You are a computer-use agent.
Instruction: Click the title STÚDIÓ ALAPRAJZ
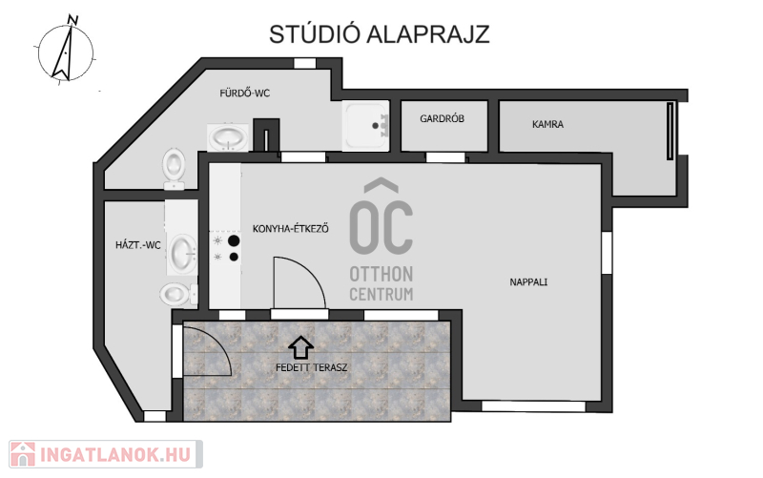379,34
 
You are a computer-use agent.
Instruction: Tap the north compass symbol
66,51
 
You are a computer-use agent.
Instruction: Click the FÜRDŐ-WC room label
244,93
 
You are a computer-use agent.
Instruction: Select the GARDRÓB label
442,118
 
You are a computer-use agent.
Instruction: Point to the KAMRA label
547,124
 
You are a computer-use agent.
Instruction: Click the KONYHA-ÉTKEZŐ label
291,228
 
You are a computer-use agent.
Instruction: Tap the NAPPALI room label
528,281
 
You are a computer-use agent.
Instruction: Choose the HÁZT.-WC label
137,245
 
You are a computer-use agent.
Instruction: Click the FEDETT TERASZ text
312,367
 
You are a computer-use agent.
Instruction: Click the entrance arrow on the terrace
300,346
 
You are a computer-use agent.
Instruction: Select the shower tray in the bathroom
365,126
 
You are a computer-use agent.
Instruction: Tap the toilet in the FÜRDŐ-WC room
174,169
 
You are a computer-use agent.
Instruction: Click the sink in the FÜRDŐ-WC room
228,137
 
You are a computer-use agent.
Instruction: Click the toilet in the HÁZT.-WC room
178,294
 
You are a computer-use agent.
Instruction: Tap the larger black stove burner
234,240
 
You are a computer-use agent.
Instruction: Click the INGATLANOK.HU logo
106,454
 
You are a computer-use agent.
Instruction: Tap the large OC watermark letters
381,227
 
